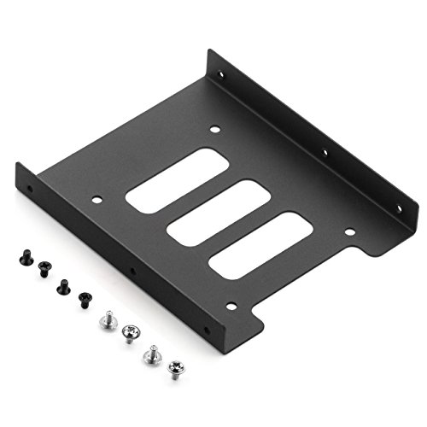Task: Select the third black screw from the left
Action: (x=62, y=286)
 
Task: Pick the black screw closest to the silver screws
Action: (x=85, y=299)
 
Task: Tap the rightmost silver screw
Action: (x=177, y=363)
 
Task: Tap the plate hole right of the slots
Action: (x=348, y=231)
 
